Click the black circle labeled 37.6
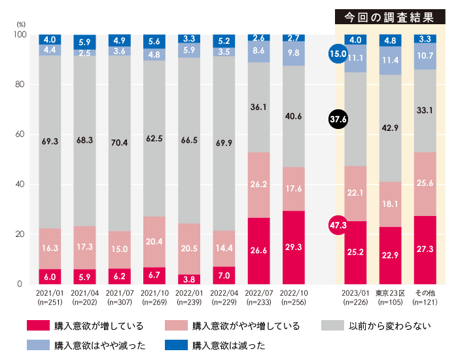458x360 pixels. click(338, 118)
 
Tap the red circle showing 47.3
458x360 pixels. click(338, 226)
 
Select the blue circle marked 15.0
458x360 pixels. click(338, 54)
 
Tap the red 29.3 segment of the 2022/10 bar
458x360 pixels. click(294, 247)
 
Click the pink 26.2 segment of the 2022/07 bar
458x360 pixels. click(258, 185)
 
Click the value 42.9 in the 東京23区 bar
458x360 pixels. click(389, 128)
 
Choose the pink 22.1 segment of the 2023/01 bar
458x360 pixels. click(355, 193)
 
